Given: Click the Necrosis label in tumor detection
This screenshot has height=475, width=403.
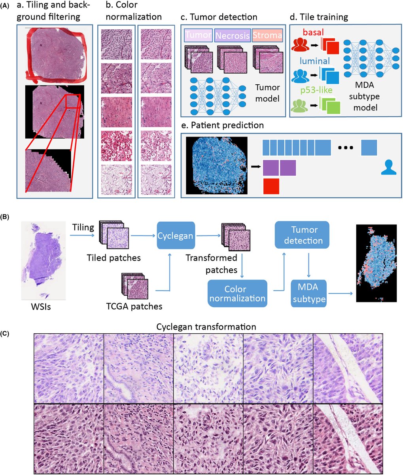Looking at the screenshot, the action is click(233, 36).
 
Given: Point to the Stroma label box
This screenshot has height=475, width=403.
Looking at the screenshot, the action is click(267, 36).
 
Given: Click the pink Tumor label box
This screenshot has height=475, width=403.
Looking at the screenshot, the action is click(199, 36).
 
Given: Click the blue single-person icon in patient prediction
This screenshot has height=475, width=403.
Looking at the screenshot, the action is click(388, 168).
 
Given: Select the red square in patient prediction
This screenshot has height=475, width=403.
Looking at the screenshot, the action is click(271, 186).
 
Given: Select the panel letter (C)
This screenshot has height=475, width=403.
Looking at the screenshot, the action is click(7, 333).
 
